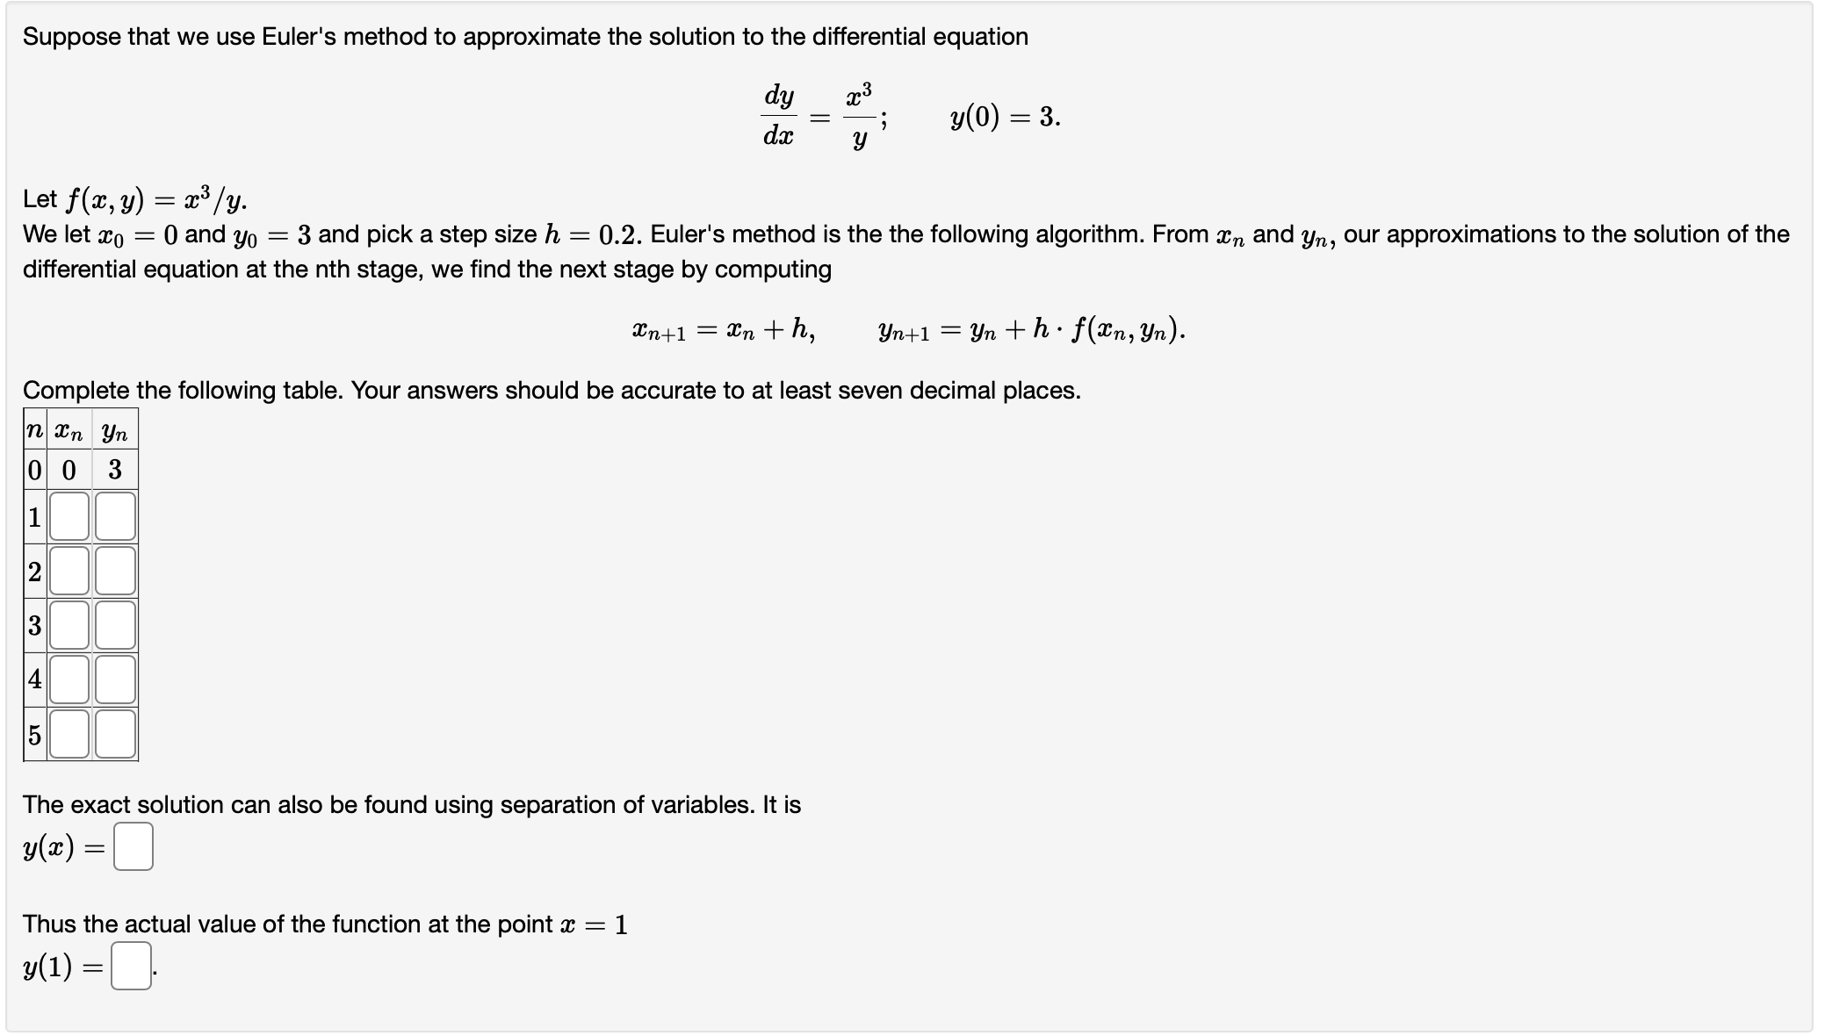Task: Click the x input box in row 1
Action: [69, 516]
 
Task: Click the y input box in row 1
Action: [115, 516]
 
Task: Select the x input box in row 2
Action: [69, 571]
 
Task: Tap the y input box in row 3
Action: [115, 625]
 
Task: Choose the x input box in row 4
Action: [69, 680]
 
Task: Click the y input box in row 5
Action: [115, 734]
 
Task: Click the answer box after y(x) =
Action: [133, 846]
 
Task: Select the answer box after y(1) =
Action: [131, 966]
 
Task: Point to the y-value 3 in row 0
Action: [115, 470]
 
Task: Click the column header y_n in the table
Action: [115, 432]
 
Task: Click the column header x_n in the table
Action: [69, 432]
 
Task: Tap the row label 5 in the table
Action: [35, 734]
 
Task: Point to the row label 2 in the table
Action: [35, 572]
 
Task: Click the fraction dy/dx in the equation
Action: [779, 115]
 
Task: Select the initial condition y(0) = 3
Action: [1005, 117]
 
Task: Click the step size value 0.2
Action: [619, 235]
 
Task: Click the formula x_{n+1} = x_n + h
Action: [723, 330]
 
